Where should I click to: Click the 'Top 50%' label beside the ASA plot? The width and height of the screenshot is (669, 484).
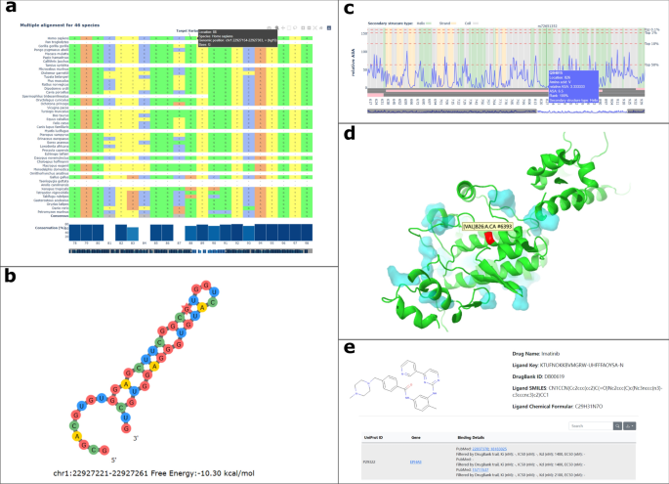(x=652, y=66)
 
